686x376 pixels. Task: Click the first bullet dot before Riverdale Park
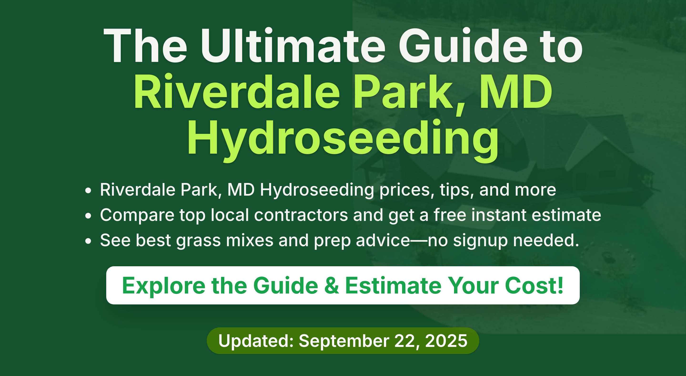88,191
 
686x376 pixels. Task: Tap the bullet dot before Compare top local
88,216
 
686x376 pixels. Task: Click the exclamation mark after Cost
560,285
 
